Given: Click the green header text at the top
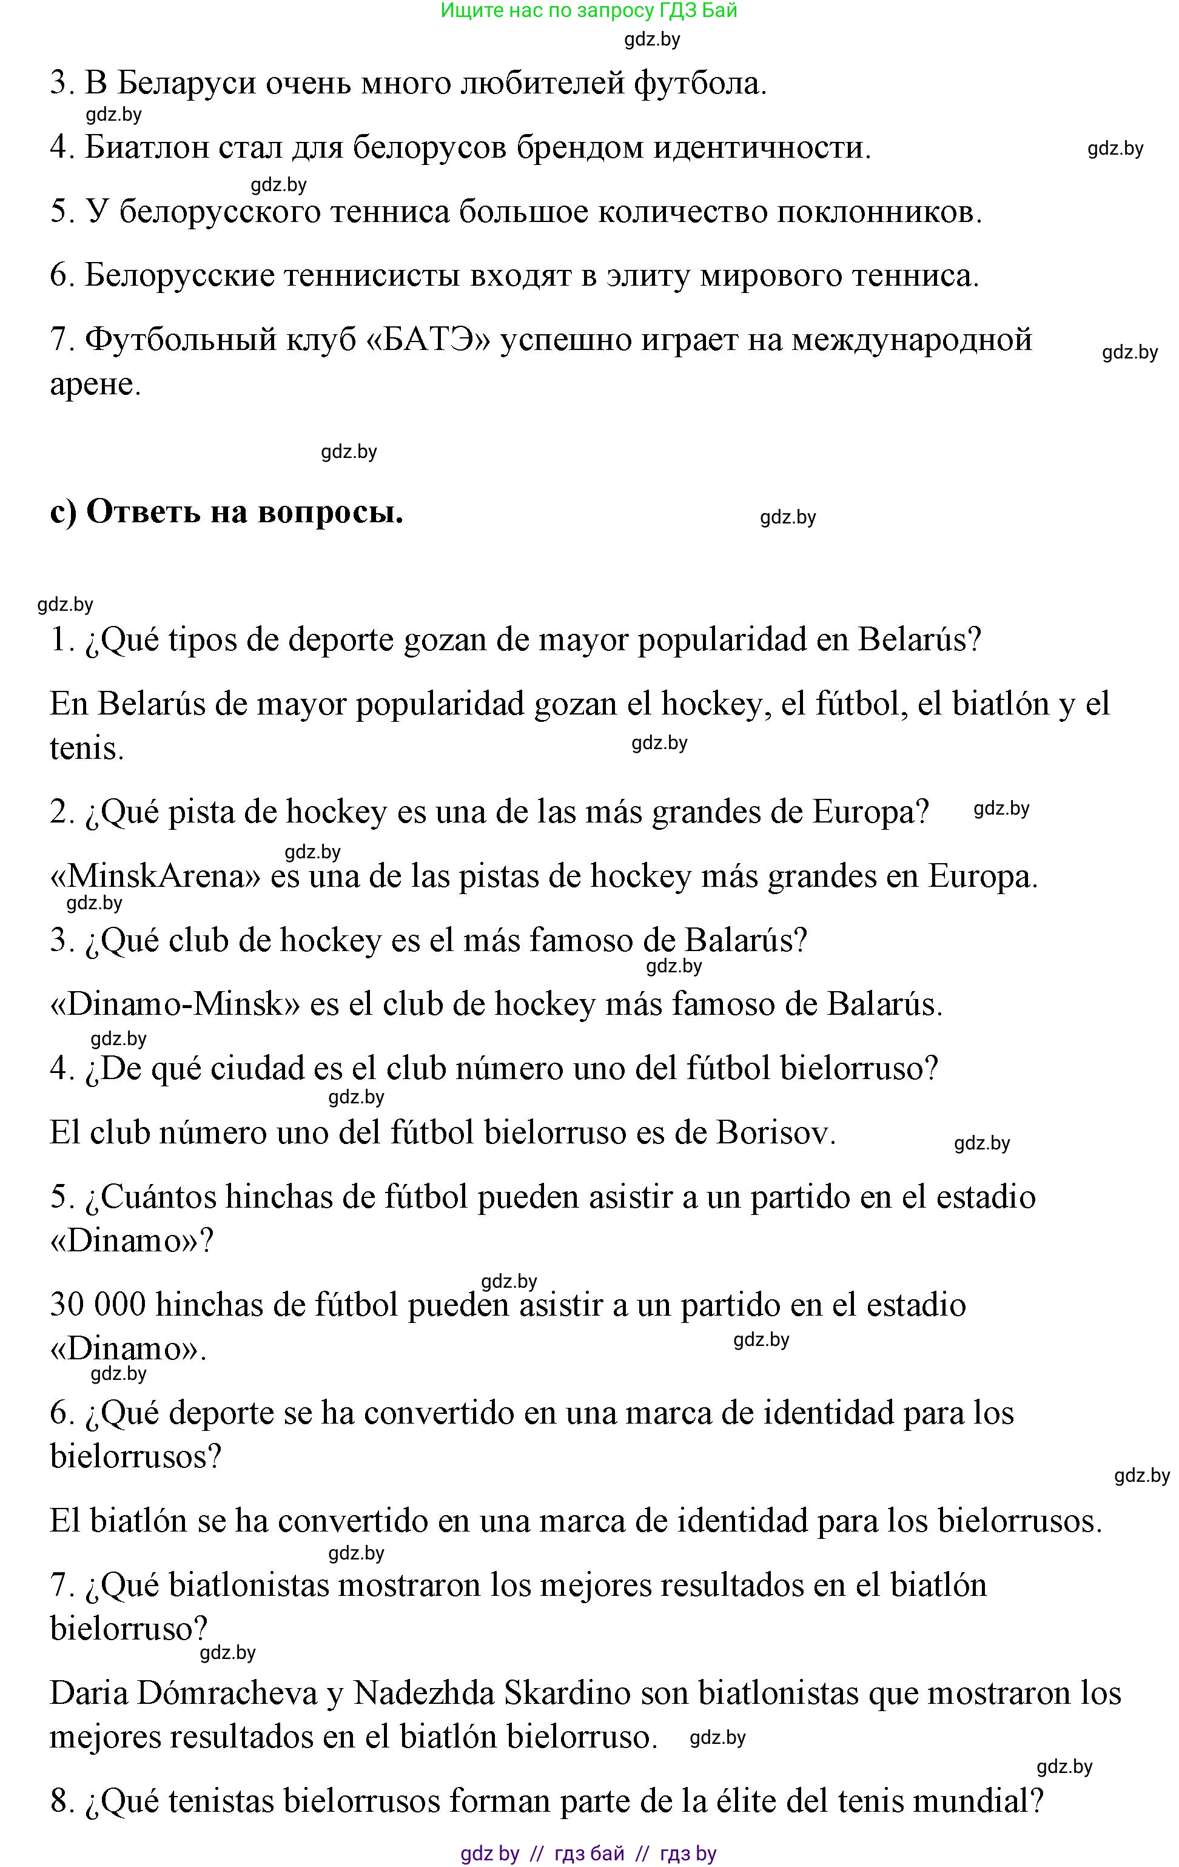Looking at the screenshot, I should click(x=588, y=11).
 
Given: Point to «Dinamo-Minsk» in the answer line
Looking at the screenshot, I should click(x=175, y=1004).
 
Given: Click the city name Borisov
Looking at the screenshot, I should click(x=775, y=1133).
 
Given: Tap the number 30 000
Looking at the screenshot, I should click(x=98, y=1304).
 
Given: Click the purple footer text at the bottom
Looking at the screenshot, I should click(x=588, y=1853).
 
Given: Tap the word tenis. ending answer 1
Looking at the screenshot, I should click(x=87, y=748).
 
